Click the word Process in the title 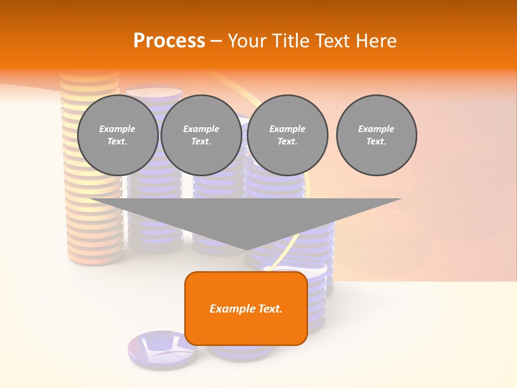pos(169,41)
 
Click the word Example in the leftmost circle pos(117,129)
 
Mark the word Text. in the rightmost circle pos(376,142)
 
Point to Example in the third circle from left pos(287,129)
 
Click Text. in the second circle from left pos(201,142)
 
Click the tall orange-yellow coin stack pos(92,226)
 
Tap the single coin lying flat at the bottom pos(162,347)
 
